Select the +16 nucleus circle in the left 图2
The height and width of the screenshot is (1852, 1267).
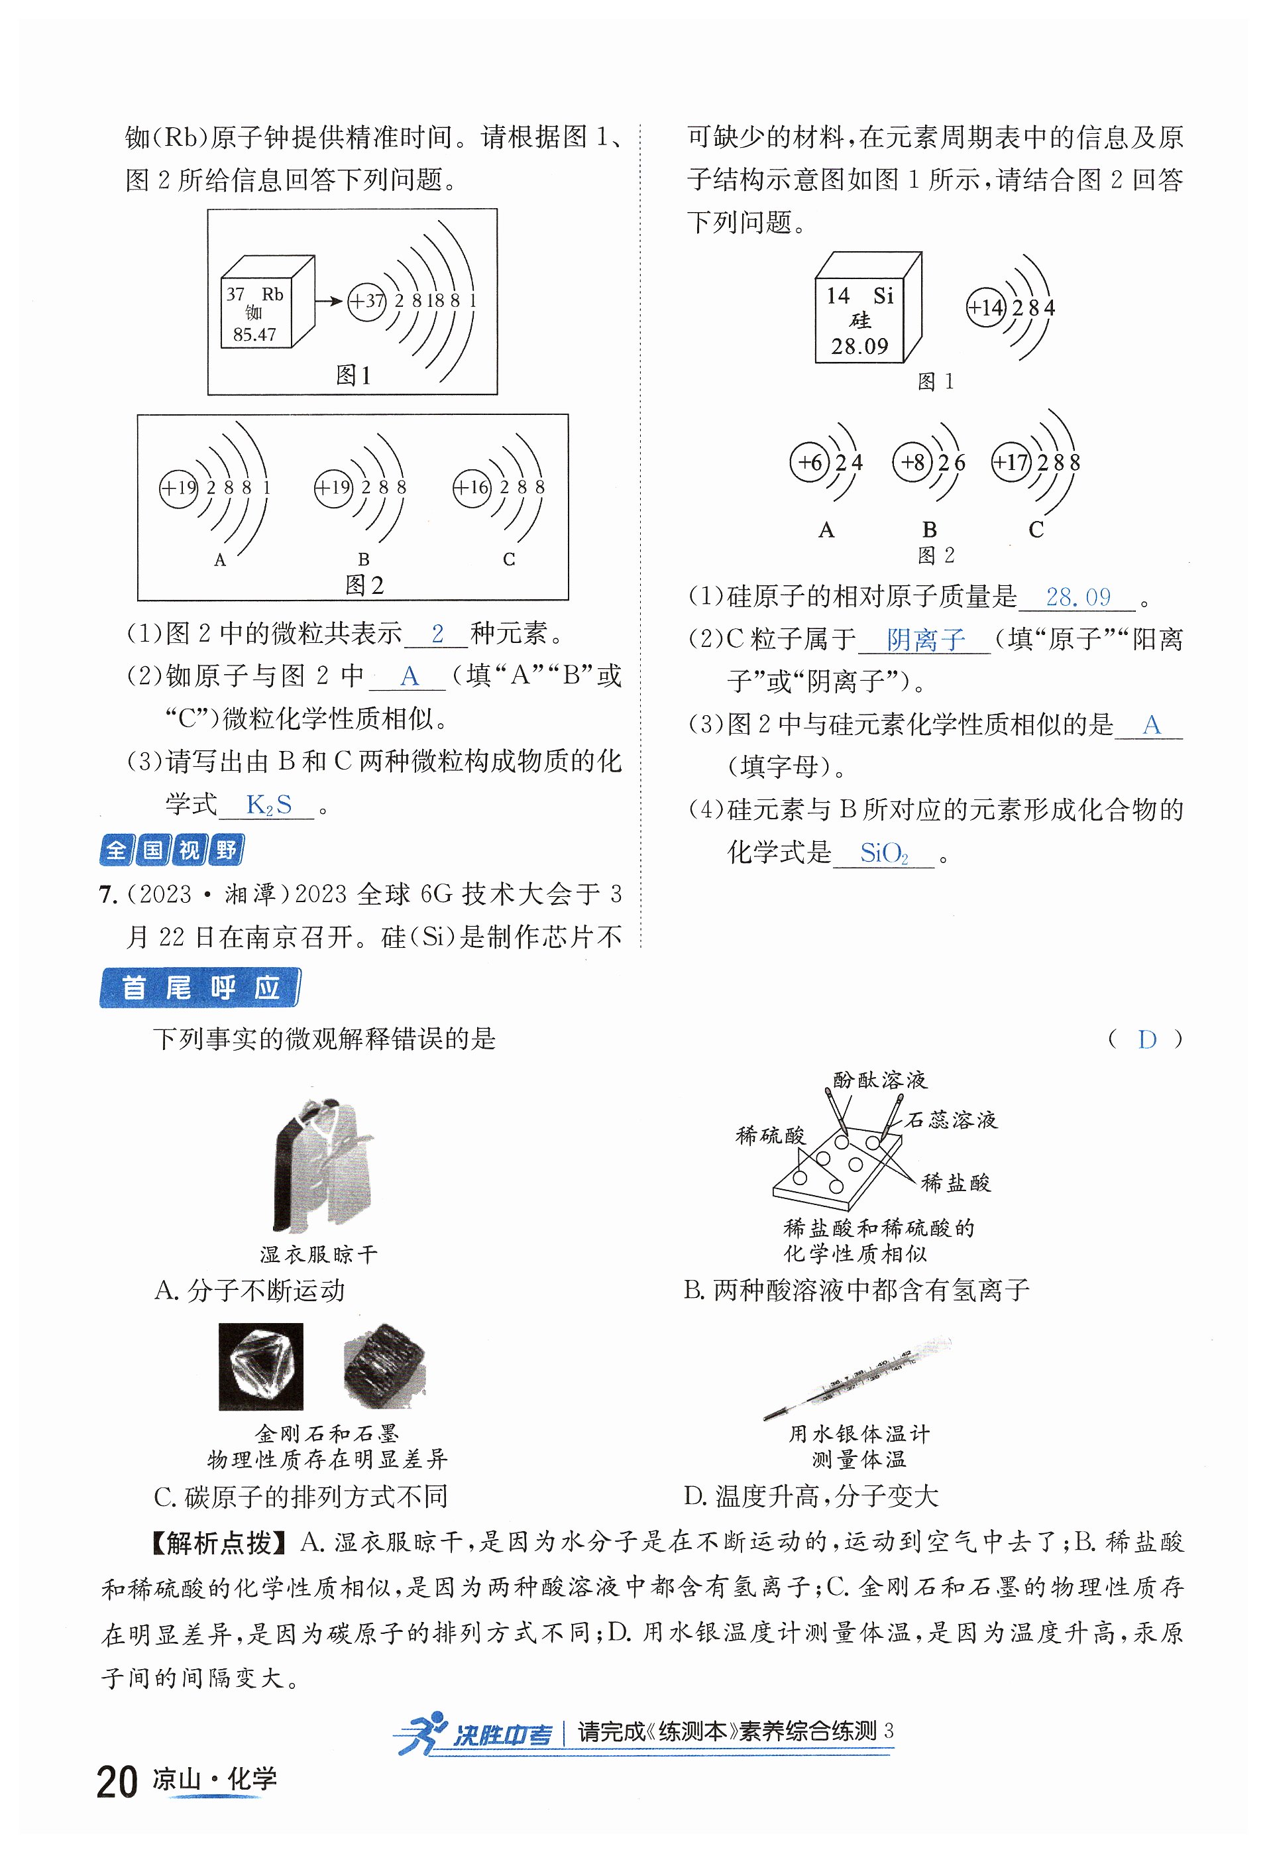click(472, 487)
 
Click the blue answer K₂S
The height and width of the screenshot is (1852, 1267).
click(268, 805)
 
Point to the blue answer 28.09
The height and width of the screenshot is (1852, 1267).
click(1077, 597)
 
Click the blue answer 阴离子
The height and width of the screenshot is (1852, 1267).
click(925, 639)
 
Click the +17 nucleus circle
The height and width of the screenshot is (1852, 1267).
click(1011, 462)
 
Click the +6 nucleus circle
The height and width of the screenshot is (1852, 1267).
click(810, 462)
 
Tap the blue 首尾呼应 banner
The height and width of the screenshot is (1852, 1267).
click(199, 988)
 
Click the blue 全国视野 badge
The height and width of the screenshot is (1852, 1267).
click(172, 850)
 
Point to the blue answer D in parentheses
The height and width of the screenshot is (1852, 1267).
click(1146, 1039)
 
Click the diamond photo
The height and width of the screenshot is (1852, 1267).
click(260, 1367)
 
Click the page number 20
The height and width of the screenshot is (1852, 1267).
click(117, 1782)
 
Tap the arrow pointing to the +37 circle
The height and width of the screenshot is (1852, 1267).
click(328, 301)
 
